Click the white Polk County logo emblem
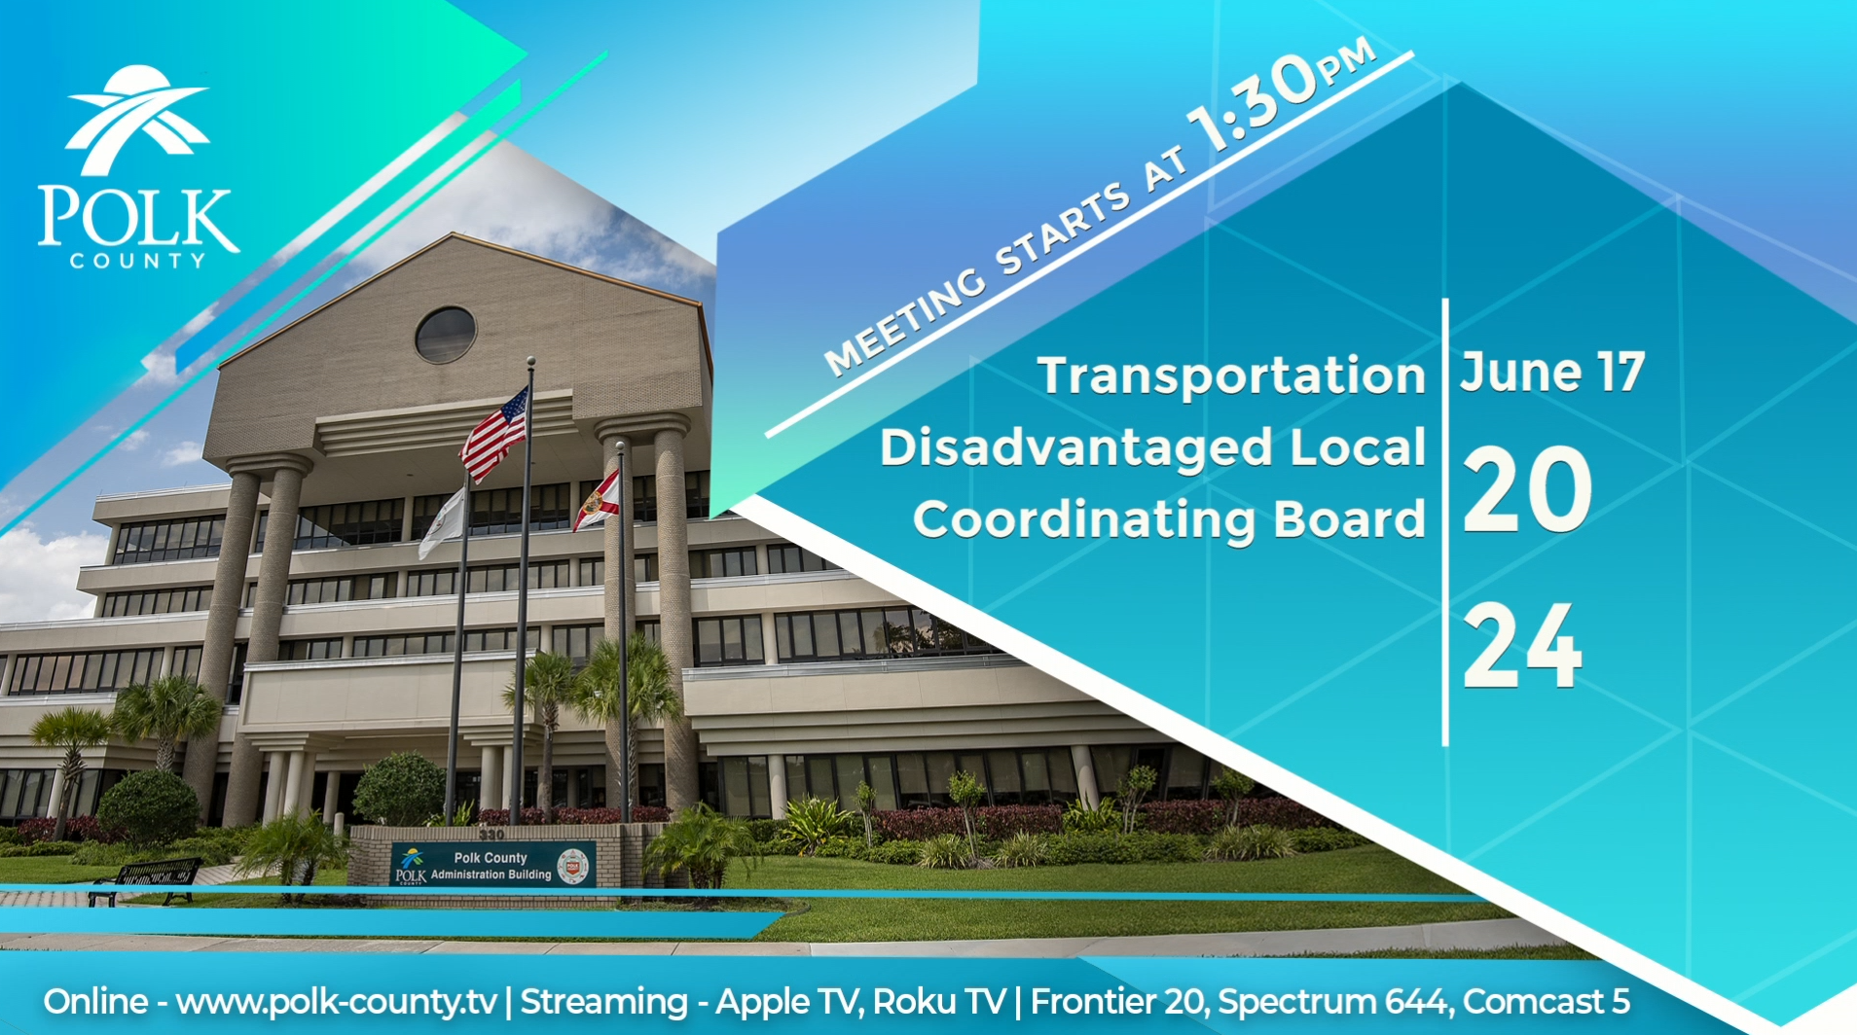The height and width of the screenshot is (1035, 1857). pos(137,121)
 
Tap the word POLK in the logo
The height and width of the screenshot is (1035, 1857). pos(138,217)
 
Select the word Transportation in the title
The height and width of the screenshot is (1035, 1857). pos(1231,376)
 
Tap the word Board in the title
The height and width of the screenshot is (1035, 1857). pos(1350,518)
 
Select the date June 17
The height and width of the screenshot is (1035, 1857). pos(1551,373)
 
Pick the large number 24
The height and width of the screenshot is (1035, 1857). pos(1522,646)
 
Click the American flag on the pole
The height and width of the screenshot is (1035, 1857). pos(494,433)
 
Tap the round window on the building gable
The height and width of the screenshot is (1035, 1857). pos(446,334)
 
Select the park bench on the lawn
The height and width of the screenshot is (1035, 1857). pos(146,880)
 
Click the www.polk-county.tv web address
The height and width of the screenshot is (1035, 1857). pos(337,1002)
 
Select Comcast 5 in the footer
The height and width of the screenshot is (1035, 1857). pos(1546,1002)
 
